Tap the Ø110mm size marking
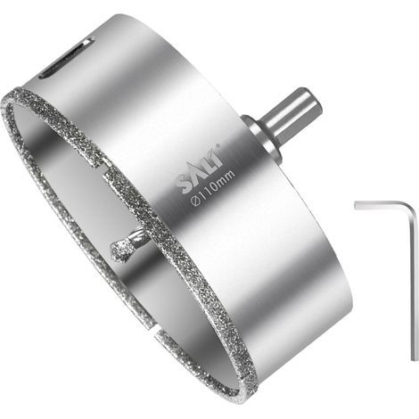[213, 186]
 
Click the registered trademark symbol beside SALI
[218, 145]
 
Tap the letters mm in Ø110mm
[227, 176]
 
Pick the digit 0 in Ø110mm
[216, 185]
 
